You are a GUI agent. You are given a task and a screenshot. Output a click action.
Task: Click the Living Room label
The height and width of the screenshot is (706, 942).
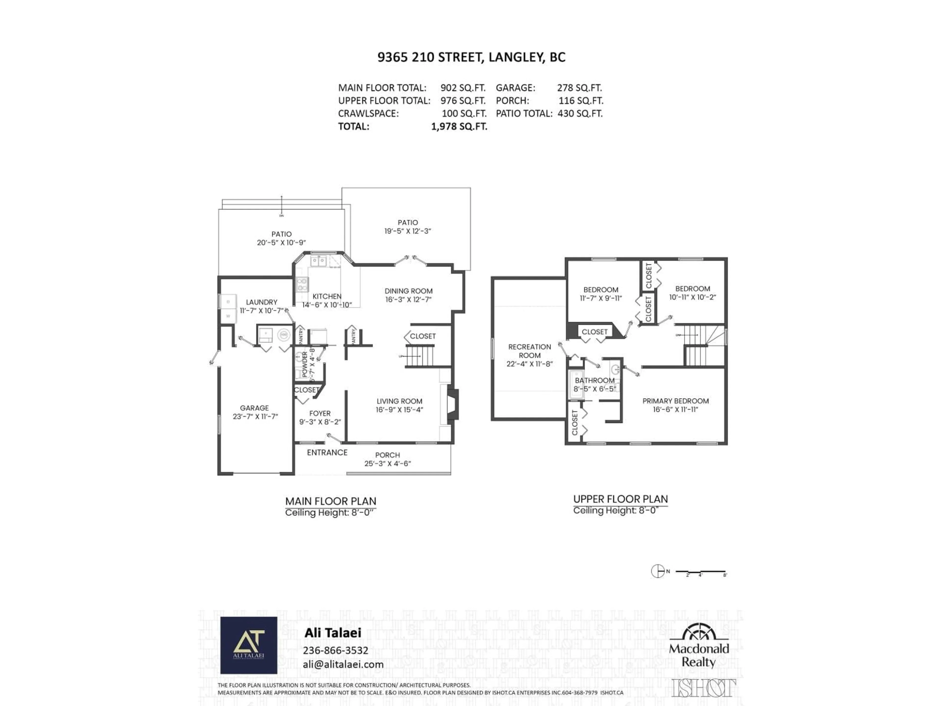coord(399,401)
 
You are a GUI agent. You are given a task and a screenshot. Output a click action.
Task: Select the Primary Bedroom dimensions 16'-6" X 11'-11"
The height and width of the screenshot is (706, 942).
coord(675,409)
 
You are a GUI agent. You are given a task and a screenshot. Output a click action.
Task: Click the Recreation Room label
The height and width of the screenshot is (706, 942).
coord(529,351)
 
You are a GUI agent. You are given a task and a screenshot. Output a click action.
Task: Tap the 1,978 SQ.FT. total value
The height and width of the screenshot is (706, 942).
coord(459,126)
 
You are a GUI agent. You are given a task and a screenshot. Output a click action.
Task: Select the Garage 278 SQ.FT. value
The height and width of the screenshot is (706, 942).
coord(579,88)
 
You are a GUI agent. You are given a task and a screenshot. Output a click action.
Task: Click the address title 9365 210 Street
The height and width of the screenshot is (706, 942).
coord(471,57)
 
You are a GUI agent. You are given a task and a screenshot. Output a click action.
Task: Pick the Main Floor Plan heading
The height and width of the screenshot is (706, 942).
coord(330,501)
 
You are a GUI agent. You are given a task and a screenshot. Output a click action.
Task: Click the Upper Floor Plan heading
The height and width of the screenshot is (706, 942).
coord(620,499)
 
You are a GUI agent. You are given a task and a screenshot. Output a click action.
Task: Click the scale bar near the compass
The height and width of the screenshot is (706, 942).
coord(701,571)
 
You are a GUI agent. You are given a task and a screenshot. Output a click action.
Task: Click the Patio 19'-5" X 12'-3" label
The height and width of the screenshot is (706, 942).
coord(407,227)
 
